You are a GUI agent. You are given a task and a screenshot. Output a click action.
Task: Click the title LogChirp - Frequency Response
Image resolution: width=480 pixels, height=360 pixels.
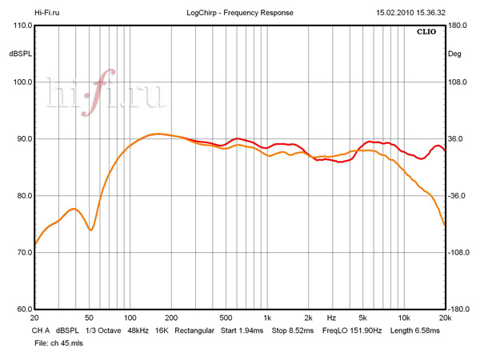point(239,13)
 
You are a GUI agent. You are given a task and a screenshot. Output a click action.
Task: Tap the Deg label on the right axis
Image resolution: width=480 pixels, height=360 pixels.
point(455,54)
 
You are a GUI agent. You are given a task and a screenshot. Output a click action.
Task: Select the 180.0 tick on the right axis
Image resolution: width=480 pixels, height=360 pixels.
point(457,26)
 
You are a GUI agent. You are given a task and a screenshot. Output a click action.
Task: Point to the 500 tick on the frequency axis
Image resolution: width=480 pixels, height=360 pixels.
point(226,318)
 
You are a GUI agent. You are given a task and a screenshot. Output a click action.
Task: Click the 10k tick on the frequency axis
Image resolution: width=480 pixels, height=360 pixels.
point(404,318)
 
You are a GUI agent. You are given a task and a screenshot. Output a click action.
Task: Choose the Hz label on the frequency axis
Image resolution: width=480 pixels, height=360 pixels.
point(331,318)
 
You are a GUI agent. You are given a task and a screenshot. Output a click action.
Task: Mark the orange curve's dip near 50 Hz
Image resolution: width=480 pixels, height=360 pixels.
point(90,230)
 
